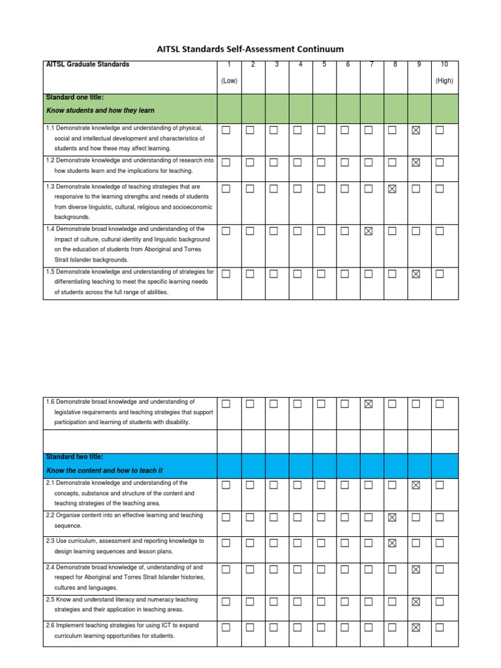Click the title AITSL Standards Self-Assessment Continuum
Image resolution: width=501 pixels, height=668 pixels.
(250, 49)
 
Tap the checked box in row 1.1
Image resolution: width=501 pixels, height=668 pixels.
(416, 130)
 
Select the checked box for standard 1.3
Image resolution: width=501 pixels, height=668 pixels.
(392, 189)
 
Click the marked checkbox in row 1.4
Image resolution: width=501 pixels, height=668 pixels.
(369, 231)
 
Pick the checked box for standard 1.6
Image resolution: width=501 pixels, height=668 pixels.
(369, 404)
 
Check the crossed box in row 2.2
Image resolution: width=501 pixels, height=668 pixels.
(392, 517)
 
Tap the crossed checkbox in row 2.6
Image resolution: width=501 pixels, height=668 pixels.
(416, 628)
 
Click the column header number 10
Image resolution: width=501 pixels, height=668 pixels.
(444, 65)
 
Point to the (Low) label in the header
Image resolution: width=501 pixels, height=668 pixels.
(228, 81)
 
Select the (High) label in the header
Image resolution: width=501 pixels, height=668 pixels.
(444, 81)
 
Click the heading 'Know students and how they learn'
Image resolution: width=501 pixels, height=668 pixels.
(100, 111)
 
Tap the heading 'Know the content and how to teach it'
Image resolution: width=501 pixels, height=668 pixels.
(104, 470)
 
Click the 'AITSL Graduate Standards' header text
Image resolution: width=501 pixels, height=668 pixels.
(88, 65)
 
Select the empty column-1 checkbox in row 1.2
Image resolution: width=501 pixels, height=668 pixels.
(226, 162)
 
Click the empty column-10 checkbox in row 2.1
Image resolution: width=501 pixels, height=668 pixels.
(439, 485)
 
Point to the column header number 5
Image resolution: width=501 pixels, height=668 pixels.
(324, 65)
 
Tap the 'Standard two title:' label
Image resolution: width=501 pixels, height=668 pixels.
(75, 457)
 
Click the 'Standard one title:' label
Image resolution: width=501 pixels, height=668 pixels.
(75, 98)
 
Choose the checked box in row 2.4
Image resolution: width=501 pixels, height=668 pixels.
(416, 569)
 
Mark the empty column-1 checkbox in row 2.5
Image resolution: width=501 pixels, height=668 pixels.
(226, 601)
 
